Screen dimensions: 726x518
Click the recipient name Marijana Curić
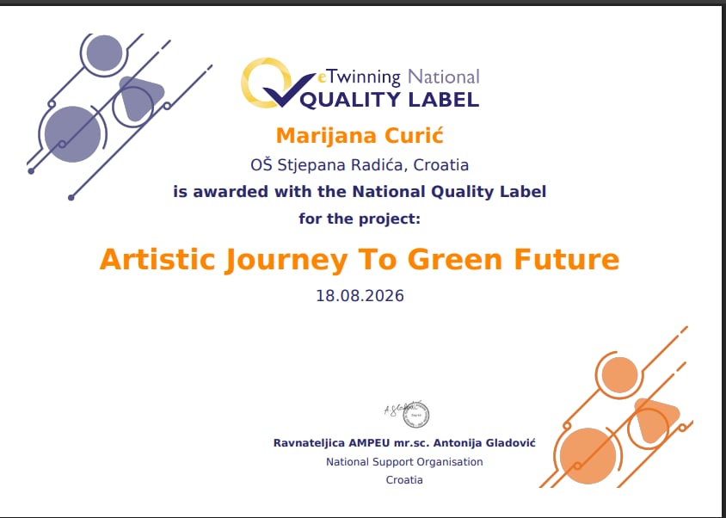coord(360,136)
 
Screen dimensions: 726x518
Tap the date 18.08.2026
coord(360,296)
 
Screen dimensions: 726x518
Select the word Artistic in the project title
coord(157,259)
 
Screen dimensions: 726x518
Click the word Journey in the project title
coord(286,261)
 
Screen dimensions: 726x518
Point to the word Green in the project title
coord(455,260)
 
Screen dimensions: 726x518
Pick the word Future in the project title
coord(566,260)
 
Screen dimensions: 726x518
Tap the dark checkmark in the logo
coord(288,91)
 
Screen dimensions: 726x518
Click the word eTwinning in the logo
coord(358,77)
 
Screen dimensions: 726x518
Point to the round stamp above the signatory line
coord(415,415)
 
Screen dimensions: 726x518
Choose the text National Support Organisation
coord(404,462)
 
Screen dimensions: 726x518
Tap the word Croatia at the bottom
coord(404,479)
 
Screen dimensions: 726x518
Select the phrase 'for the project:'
coord(360,219)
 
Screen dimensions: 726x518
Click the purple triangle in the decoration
coord(138,96)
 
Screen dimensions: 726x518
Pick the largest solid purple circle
coord(73,134)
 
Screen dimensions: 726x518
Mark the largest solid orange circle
coord(588,456)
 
